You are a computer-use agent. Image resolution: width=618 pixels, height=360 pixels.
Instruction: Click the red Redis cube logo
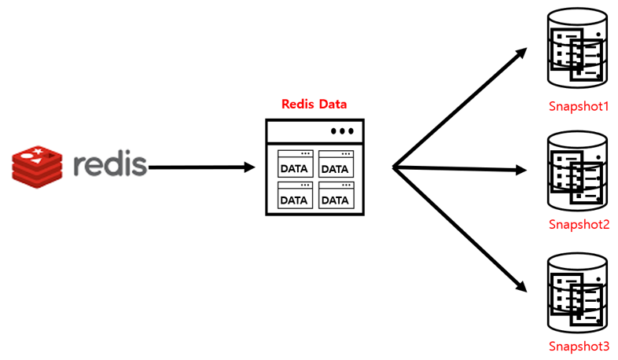(x=37, y=167)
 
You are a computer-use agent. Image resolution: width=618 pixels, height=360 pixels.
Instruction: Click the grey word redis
(x=110, y=164)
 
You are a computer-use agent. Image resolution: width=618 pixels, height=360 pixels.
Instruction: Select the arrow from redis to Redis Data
(x=201, y=167)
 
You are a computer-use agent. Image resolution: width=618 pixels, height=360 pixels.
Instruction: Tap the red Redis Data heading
(x=315, y=105)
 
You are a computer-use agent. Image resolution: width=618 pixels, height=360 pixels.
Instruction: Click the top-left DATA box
(x=295, y=163)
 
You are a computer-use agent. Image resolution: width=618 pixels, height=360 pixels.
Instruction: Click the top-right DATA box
(x=337, y=163)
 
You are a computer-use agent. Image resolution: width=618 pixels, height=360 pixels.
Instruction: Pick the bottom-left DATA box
(x=295, y=195)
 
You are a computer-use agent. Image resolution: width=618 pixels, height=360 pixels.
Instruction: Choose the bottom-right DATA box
(x=337, y=195)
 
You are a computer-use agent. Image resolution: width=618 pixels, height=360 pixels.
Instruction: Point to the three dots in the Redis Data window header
(x=342, y=131)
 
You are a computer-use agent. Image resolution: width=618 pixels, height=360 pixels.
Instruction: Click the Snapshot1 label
(x=579, y=106)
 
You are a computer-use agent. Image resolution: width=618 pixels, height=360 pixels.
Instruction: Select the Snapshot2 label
(x=579, y=225)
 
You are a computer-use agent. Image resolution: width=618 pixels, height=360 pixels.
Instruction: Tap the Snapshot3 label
(x=579, y=346)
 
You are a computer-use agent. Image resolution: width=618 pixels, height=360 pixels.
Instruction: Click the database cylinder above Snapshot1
(x=577, y=48)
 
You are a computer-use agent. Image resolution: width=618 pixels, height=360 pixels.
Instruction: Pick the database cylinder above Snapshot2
(x=577, y=171)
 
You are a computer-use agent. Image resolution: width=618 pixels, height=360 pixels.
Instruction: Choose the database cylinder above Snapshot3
(x=577, y=293)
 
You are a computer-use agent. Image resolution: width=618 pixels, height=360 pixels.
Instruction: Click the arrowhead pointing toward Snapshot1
(x=521, y=53)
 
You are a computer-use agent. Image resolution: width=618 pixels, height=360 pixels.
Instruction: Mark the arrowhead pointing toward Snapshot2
(x=521, y=170)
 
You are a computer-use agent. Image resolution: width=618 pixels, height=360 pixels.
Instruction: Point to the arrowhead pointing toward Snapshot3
(x=521, y=286)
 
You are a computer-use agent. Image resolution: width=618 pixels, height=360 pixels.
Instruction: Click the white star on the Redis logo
(x=38, y=151)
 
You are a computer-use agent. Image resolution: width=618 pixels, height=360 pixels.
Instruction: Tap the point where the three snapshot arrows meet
(x=393, y=167)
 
